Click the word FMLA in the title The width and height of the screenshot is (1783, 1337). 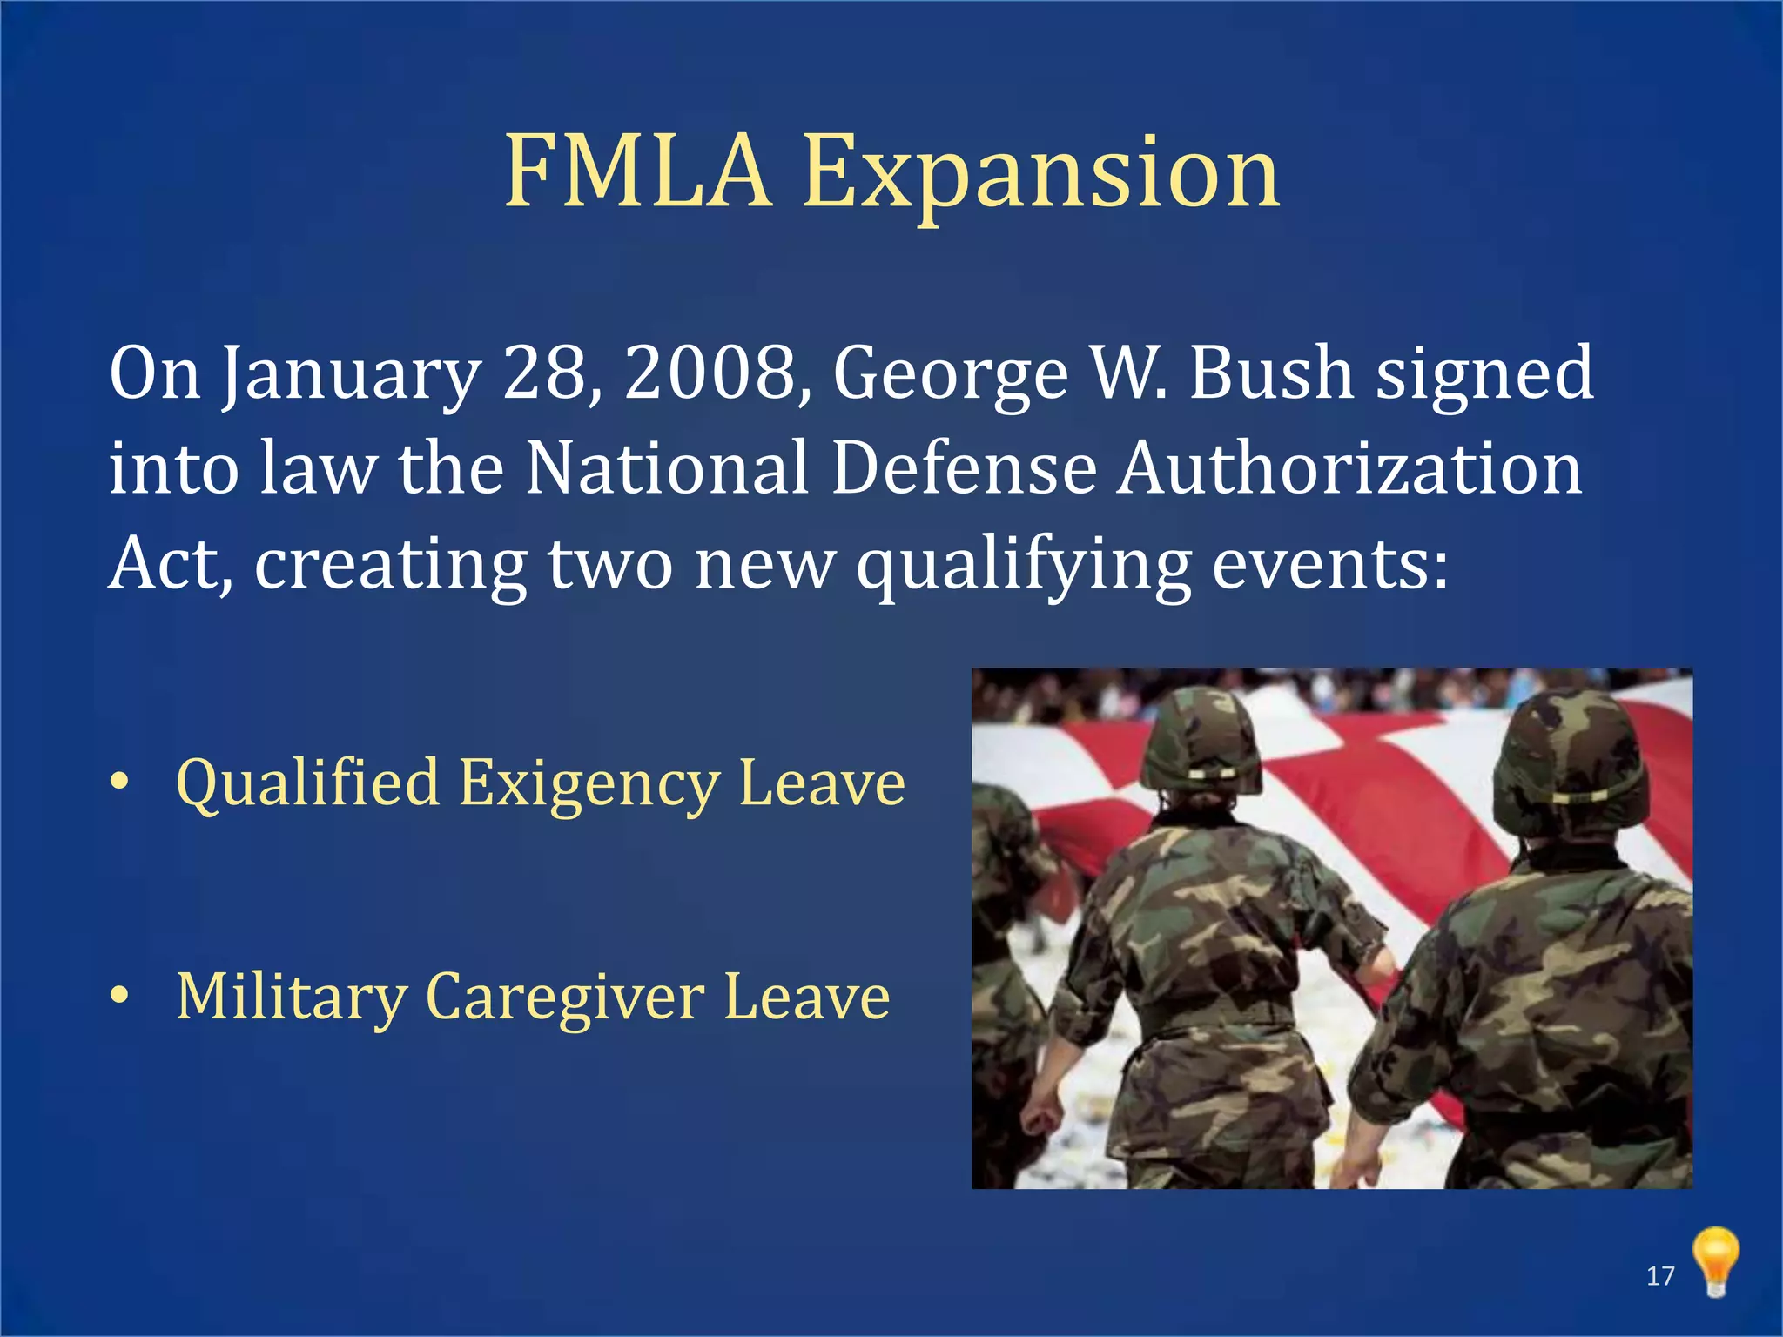tap(637, 171)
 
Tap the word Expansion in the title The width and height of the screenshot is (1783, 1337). tap(1040, 174)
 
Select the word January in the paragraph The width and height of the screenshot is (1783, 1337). tap(350, 375)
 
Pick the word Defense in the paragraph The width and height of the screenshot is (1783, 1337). tap(964, 468)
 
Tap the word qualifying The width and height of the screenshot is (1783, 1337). tap(1024, 566)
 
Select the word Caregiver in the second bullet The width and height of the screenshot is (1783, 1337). tap(565, 998)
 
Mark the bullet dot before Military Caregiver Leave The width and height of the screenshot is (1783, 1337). tap(120, 994)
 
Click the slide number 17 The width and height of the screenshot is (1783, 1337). tap(1660, 1276)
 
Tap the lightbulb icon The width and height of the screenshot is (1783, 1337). tap(1715, 1260)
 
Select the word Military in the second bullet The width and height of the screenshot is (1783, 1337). tap(291, 998)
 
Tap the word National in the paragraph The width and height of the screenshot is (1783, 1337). tap(668, 468)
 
